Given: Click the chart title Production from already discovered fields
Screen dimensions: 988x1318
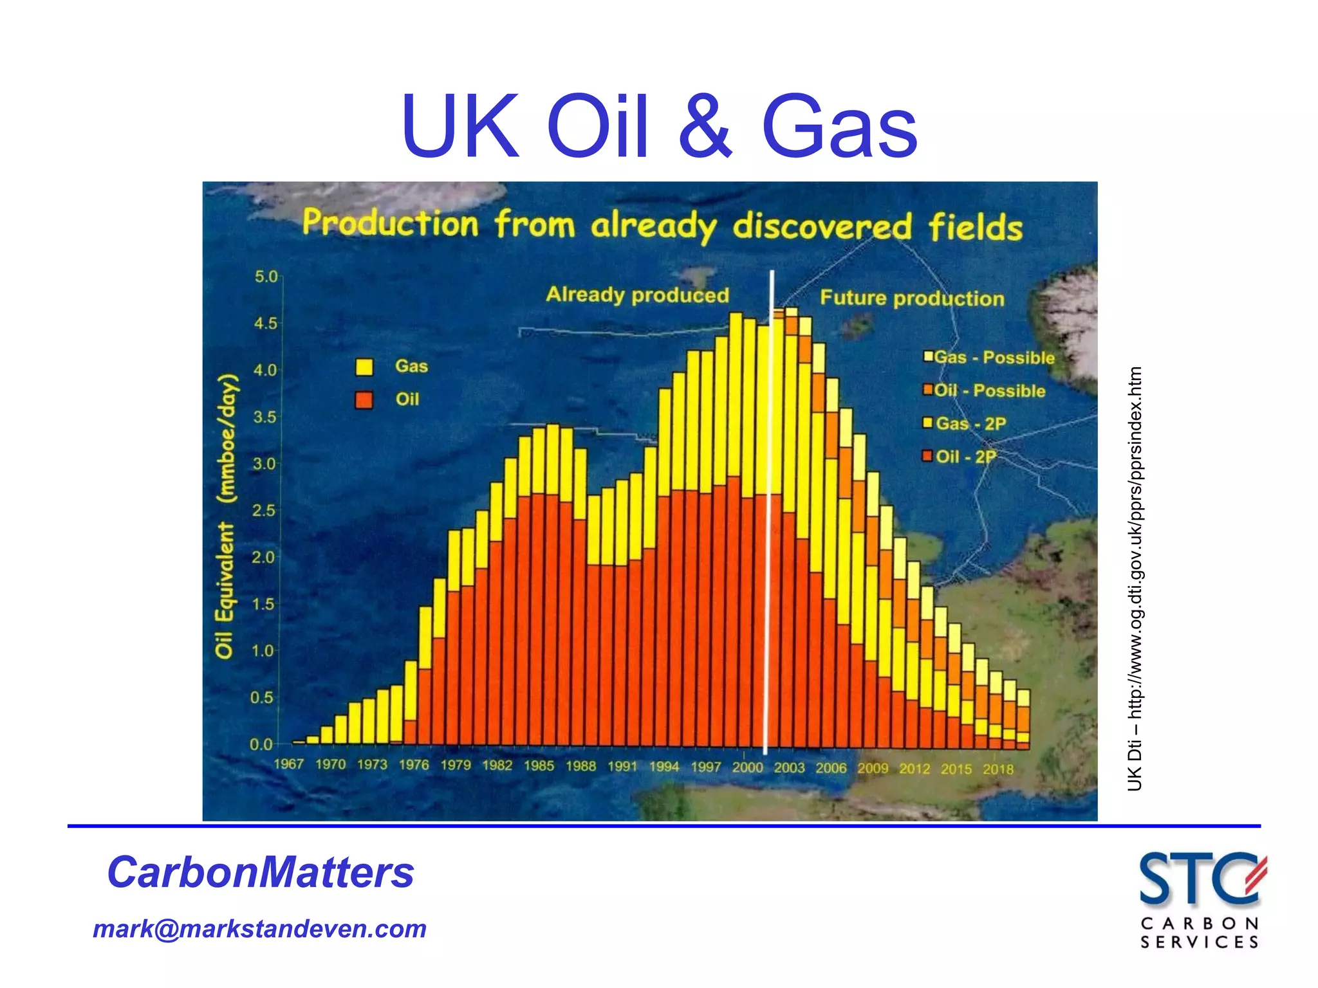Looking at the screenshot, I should tap(662, 225).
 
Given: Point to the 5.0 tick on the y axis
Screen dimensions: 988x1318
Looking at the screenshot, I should tap(266, 277).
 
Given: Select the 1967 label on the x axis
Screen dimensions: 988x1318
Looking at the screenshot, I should tap(288, 764).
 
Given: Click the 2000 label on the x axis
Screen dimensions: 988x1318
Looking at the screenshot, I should tap(747, 767).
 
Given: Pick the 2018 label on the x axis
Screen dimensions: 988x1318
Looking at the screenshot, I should tap(998, 769).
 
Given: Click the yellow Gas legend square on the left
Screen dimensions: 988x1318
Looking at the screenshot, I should tap(364, 367).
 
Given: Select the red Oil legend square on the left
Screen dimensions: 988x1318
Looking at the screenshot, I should tap(364, 400).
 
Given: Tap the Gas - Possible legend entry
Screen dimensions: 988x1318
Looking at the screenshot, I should tap(989, 358).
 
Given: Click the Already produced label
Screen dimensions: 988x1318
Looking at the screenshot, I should tap(637, 295).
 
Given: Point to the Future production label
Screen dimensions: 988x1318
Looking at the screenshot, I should tap(912, 298).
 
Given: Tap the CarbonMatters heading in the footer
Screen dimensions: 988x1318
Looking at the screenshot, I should tap(260, 872).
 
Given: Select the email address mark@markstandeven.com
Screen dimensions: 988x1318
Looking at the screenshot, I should tap(259, 929).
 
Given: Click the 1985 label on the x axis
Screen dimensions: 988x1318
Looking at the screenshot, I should tap(539, 765).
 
